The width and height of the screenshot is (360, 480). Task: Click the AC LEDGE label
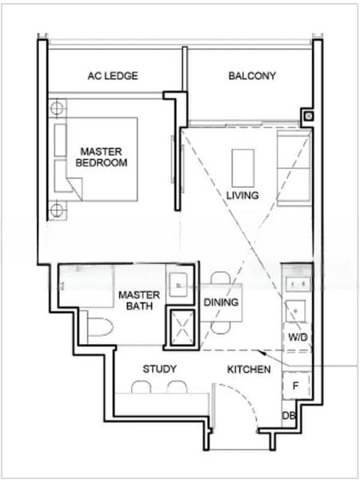tap(113, 76)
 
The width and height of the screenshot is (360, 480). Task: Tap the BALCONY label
tap(252, 76)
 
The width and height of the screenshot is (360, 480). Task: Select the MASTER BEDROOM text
tap(102, 157)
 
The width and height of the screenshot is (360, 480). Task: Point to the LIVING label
tap(242, 195)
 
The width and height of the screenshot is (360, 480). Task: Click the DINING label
tap(221, 302)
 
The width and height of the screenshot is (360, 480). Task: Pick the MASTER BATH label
tap(139, 300)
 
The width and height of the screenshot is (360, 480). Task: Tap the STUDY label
tap(159, 369)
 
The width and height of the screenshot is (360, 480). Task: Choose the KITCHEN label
tap(249, 370)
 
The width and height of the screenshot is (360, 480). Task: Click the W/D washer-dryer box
tap(297, 337)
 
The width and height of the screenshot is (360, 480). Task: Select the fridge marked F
tap(296, 386)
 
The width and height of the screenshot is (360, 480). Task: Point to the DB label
tap(289, 415)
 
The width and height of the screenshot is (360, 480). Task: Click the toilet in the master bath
tap(100, 327)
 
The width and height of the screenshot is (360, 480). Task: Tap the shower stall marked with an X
tap(182, 329)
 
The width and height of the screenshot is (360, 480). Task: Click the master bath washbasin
tap(178, 285)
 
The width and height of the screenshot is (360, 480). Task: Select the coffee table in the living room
tap(243, 168)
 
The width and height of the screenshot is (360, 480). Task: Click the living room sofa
tap(294, 168)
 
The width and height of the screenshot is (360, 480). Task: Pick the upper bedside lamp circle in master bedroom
tap(57, 108)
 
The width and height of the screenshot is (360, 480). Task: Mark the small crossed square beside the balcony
tap(309, 116)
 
